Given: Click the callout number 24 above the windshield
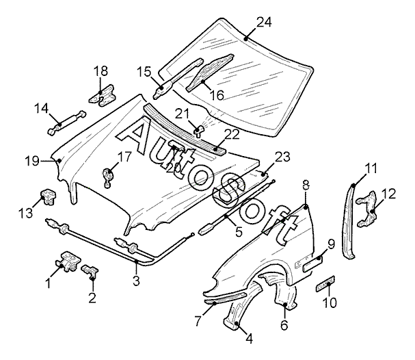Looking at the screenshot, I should pyautogui.click(x=264, y=22).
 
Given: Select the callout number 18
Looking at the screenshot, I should pyautogui.click(x=101, y=71).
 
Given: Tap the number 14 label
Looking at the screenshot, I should pyautogui.click(x=41, y=107).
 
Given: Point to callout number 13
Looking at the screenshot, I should pyautogui.click(x=24, y=214).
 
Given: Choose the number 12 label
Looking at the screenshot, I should pyautogui.click(x=388, y=194).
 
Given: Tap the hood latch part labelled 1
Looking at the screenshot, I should pyautogui.click(x=68, y=262).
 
